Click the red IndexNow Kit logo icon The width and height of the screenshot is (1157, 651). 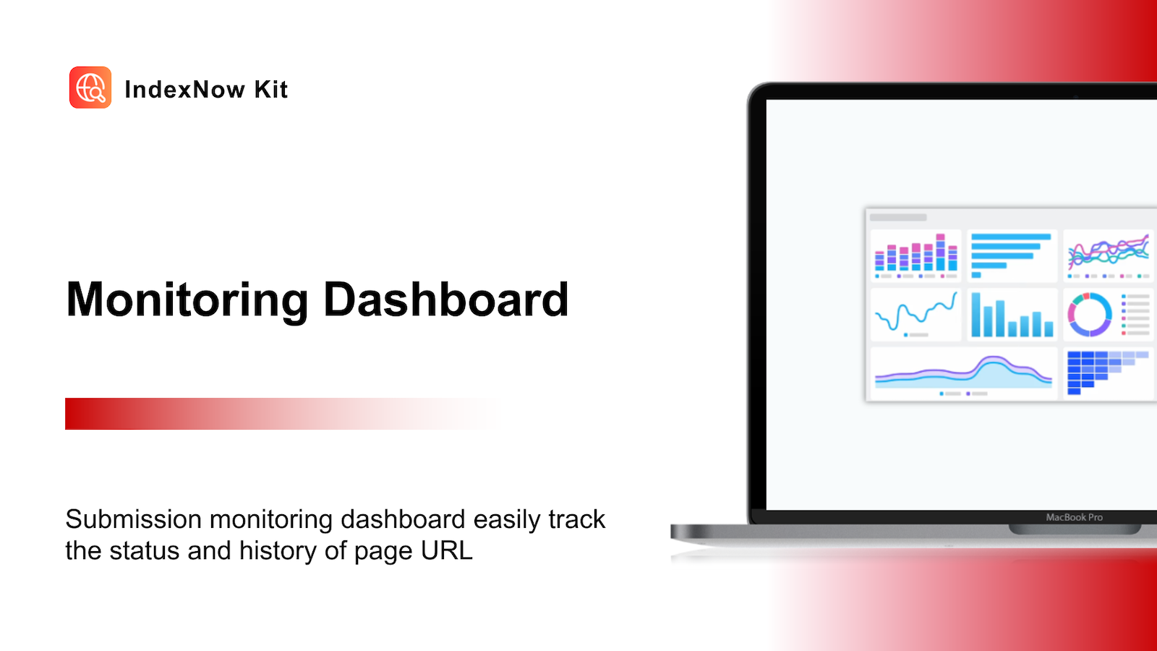pos(90,88)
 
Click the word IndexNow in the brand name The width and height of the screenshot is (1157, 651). pos(185,90)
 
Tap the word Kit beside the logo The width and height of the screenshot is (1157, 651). pos(270,90)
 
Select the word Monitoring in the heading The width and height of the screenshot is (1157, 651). pos(187,301)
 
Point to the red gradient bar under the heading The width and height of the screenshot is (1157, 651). pos(282,413)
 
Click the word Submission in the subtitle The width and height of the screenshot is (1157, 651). pos(133,519)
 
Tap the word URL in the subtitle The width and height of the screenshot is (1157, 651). pos(446,550)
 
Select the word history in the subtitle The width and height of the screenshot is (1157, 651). pos(277,551)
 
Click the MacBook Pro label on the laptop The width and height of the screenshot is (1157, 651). pos(1075,517)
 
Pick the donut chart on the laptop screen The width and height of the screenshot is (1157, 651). pos(1090,315)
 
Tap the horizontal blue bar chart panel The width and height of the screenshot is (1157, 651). pos(1012,255)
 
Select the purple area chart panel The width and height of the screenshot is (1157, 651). pos(964,373)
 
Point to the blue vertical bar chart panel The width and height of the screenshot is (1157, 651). pos(1012,314)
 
